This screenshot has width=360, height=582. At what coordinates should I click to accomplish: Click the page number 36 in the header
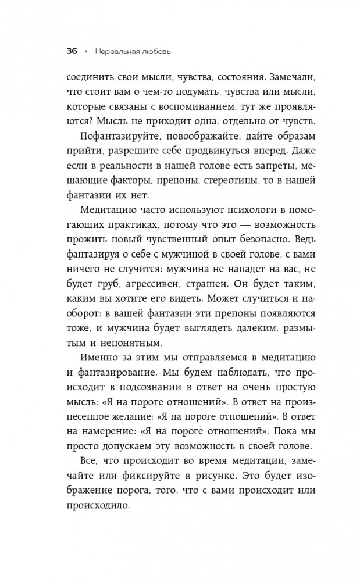pos(72,51)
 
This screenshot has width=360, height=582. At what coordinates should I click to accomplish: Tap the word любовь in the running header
pos(158,51)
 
